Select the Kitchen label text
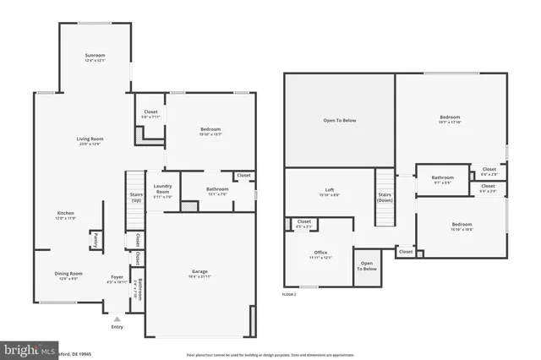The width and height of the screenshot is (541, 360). (66, 213)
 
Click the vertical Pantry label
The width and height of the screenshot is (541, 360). (96, 241)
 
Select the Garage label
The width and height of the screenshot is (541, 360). (199, 271)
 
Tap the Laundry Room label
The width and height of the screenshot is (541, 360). (162, 191)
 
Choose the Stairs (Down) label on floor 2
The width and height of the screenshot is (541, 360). (385, 198)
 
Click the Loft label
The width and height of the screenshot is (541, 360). (330, 190)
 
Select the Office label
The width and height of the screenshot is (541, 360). (320, 252)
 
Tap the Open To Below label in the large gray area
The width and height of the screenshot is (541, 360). (340, 120)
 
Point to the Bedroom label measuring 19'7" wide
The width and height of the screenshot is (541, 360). (450, 117)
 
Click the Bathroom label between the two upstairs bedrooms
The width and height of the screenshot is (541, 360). (443, 177)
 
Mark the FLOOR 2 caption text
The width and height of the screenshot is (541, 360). (289, 294)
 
